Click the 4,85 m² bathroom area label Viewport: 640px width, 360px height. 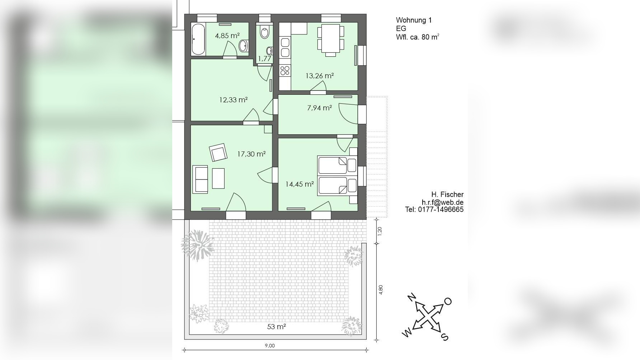(x=227, y=36)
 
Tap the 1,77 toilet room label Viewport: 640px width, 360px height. (x=265, y=59)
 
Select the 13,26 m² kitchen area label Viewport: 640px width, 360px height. (x=320, y=76)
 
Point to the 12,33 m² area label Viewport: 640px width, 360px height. (x=234, y=100)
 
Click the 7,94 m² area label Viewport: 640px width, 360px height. (x=319, y=108)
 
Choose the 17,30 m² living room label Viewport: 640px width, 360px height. (x=251, y=154)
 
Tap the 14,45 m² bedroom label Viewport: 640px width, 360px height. (x=300, y=184)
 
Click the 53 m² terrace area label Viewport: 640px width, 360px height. (x=277, y=327)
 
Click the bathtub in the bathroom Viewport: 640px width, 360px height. (x=198, y=39)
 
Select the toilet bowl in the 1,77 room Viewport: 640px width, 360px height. (x=265, y=32)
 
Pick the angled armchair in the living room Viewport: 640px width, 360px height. (x=218, y=153)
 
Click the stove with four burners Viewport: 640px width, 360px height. (x=285, y=70)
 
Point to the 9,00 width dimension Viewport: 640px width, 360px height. (x=270, y=346)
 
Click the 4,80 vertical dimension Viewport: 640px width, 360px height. (x=381, y=290)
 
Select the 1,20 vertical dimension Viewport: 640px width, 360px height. (x=380, y=231)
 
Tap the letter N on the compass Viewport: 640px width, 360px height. (x=411, y=298)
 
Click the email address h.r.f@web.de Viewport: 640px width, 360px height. (x=442, y=202)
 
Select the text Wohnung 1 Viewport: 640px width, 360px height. (x=414, y=20)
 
